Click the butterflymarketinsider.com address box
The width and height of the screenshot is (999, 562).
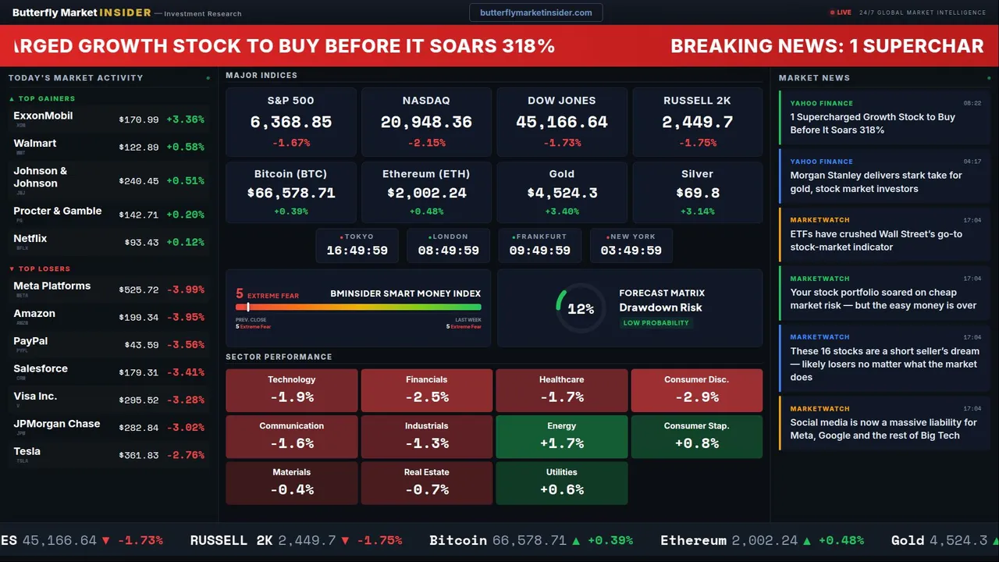click(535, 12)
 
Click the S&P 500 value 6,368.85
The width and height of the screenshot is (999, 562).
click(290, 123)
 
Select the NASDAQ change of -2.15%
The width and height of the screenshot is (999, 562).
click(426, 143)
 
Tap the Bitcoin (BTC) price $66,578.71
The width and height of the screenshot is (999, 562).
click(290, 193)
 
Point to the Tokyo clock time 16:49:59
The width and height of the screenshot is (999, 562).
click(357, 251)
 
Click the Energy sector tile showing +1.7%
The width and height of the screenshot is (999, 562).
click(561, 436)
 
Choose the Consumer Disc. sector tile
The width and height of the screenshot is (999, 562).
click(696, 390)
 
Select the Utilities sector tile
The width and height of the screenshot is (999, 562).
click(561, 483)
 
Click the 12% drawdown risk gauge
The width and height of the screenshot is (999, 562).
click(580, 309)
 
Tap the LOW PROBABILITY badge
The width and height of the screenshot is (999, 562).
click(656, 323)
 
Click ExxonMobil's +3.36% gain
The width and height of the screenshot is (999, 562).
click(186, 120)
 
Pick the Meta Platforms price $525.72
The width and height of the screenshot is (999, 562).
click(138, 290)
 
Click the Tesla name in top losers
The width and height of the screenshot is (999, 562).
click(27, 451)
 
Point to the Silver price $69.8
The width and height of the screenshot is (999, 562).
click(697, 193)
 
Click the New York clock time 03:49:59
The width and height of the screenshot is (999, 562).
click(631, 251)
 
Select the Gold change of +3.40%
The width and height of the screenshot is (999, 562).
click(561, 212)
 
